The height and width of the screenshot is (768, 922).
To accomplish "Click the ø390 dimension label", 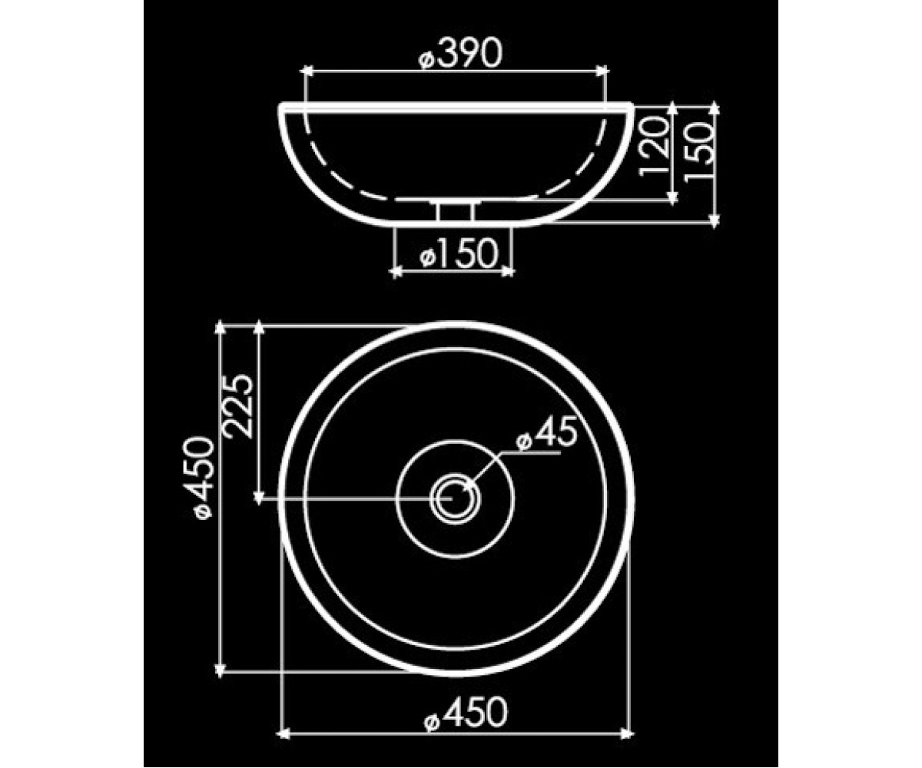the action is pyautogui.click(x=459, y=53).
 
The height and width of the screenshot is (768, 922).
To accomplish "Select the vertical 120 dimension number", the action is pyautogui.click(x=654, y=146).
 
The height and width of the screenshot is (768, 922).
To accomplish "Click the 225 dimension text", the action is pyautogui.click(x=239, y=406).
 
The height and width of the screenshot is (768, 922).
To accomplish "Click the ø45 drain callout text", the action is pyautogui.click(x=547, y=433).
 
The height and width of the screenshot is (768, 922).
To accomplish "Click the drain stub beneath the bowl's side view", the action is pyautogui.click(x=456, y=211).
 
